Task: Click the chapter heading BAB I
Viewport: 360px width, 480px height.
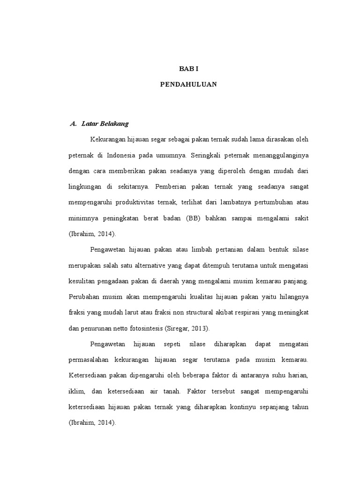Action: pyautogui.click(x=189, y=68)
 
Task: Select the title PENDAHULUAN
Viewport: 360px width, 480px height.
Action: pyautogui.click(x=189, y=84)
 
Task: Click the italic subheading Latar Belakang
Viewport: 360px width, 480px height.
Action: pyautogui.click(x=105, y=124)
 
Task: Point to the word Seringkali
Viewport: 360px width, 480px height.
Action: pyautogui.click(x=207, y=155)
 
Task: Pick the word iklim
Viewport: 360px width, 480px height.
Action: pyautogui.click(x=76, y=392)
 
